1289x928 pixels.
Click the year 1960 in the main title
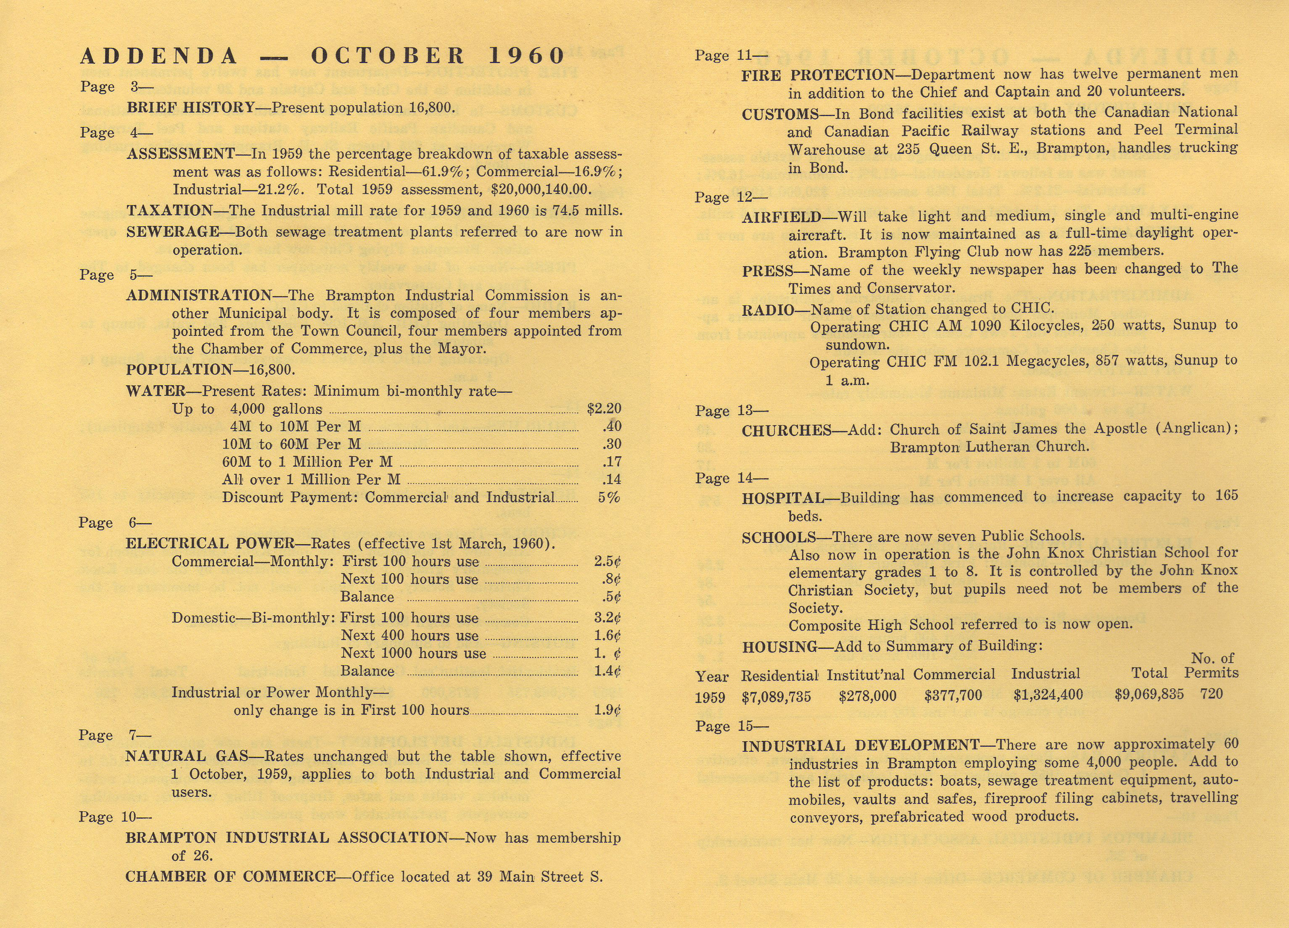pos(526,56)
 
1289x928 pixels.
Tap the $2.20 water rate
pos(604,409)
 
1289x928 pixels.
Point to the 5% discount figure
pos(609,497)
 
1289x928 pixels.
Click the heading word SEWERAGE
pos(173,232)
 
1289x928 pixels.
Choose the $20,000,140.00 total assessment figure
pos(541,189)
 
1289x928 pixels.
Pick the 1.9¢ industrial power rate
pos(607,710)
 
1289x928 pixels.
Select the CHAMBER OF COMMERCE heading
pos(230,876)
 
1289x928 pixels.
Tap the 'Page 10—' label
pos(115,817)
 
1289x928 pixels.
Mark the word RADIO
pos(767,310)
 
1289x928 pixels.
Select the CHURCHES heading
pos(787,430)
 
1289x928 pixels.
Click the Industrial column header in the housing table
pos(1045,674)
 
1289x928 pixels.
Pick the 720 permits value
pos(1211,694)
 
